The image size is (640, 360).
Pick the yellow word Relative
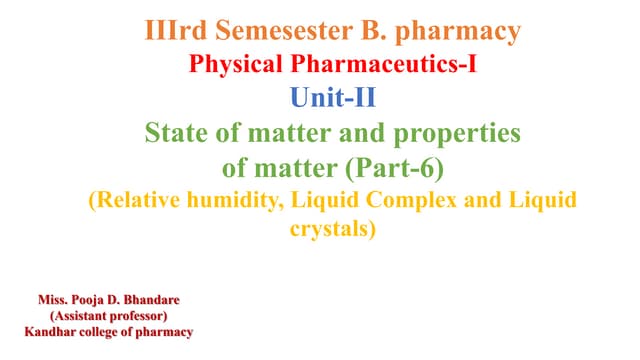140,198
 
